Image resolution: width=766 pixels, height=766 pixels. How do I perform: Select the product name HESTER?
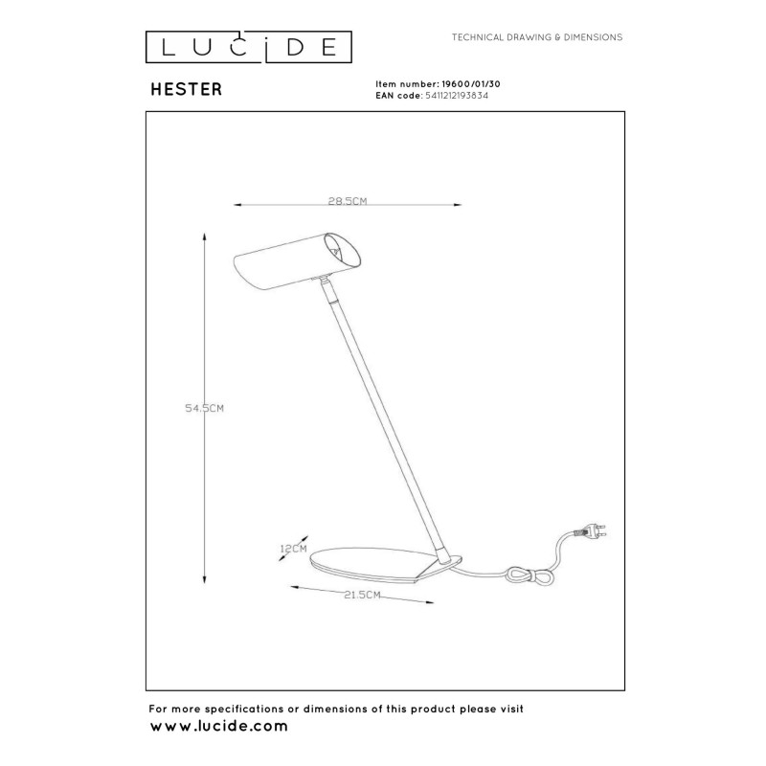pos(187,90)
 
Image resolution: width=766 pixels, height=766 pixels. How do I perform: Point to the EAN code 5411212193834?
pos(456,97)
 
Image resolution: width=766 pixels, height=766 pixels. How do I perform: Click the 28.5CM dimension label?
pos(349,202)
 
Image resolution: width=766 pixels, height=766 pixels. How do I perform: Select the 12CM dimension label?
pos(292,549)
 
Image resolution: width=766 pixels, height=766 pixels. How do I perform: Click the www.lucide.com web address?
pos(219,727)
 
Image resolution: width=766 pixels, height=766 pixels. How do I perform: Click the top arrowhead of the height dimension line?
pos(205,235)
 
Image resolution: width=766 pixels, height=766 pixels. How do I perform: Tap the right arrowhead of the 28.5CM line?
pos(458,205)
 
